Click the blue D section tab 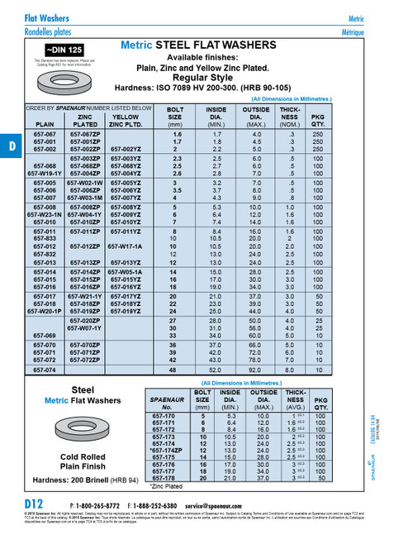pos(11,146)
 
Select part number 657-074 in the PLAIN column pos(45,370)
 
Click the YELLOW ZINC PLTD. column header pos(125,122)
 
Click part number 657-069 pos(45,335)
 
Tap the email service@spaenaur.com pos(220,504)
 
